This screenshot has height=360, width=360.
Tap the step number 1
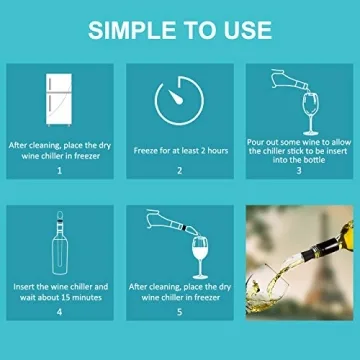point(60,172)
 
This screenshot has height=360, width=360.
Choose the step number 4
point(60,313)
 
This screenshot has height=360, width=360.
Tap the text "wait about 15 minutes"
point(60,297)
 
